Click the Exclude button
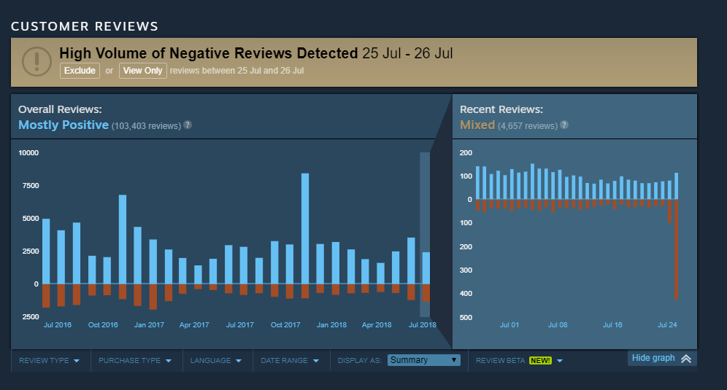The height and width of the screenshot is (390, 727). (80, 71)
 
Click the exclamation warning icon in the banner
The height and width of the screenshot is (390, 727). (36, 62)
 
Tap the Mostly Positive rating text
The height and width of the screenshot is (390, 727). (64, 125)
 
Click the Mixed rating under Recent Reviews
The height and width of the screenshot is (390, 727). (477, 125)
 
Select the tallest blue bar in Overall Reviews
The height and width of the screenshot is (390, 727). (305, 228)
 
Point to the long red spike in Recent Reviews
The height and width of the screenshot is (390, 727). (677, 249)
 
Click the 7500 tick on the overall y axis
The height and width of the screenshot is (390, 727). (31, 186)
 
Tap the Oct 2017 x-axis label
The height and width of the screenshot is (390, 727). (285, 324)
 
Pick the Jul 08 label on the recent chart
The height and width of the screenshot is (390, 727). (558, 324)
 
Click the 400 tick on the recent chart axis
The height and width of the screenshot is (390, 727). (466, 294)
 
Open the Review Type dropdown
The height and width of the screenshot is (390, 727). (49, 360)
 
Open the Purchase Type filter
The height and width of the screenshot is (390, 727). (135, 360)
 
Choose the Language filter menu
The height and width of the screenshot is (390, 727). (215, 360)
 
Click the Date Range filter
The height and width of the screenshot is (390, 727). (290, 360)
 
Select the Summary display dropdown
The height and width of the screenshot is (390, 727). (424, 360)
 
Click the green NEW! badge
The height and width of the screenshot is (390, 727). (540, 360)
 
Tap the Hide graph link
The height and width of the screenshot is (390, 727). (661, 358)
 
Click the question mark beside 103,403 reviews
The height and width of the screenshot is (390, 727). (188, 125)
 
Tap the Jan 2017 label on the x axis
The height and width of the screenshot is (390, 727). (149, 324)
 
